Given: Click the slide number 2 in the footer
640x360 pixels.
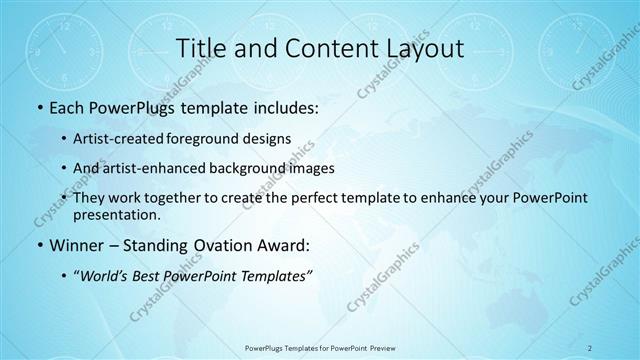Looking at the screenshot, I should [590, 348].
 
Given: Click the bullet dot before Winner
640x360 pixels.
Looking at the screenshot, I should [38, 243].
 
